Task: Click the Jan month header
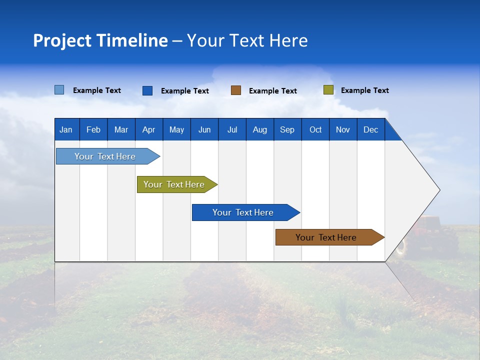66,130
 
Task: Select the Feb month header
93,130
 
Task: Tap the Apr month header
148,130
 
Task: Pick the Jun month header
204,130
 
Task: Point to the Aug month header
259,130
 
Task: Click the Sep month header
287,130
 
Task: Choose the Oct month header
315,130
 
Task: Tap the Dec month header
370,130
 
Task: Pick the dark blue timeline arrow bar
243,212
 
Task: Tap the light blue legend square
59,90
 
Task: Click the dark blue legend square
147,90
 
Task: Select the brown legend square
235,90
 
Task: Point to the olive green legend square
328,90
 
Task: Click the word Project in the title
62,41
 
